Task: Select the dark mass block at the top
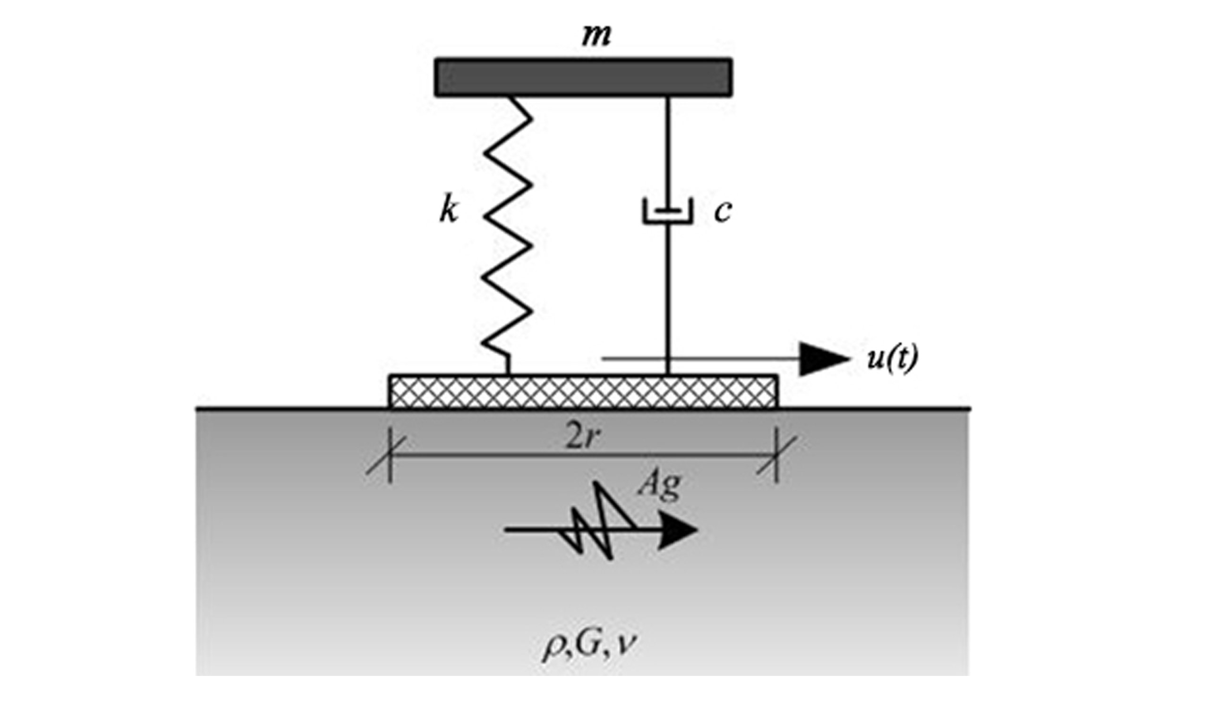coord(583,77)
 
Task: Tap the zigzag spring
coord(507,229)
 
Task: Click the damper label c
coord(723,211)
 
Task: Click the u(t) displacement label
coord(892,358)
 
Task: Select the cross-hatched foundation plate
coord(583,391)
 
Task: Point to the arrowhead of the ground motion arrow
coord(677,531)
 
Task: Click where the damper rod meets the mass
coord(667,97)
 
